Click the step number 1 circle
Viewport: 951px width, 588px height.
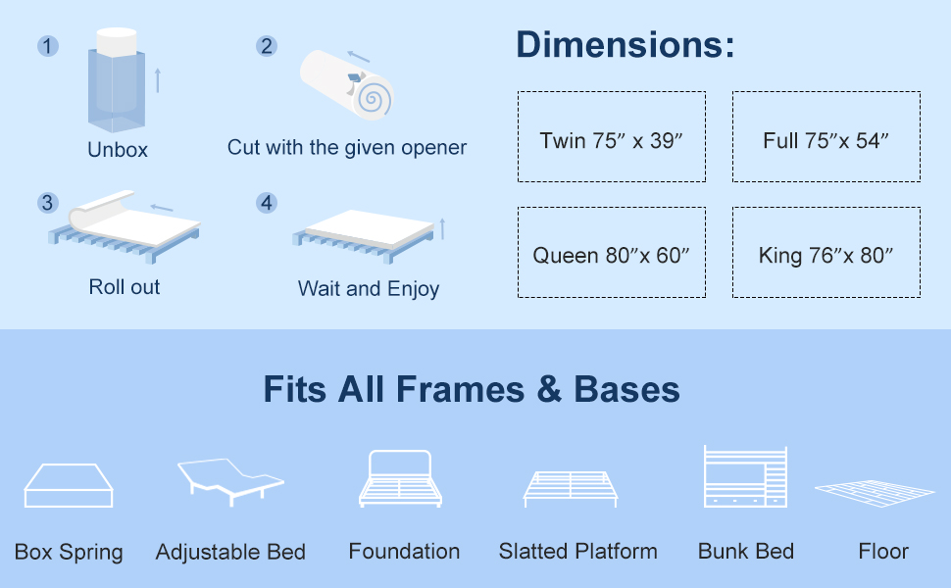(x=47, y=46)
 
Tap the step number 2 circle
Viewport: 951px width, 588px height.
(x=266, y=46)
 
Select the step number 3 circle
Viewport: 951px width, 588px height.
(x=47, y=203)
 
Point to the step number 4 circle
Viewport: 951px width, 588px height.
(x=266, y=203)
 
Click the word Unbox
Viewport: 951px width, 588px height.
(x=118, y=150)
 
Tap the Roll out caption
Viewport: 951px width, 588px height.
(x=125, y=287)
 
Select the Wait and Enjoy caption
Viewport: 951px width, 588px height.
(x=369, y=289)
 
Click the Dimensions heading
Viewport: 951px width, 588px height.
(x=625, y=45)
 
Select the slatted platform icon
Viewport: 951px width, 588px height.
(x=572, y=487)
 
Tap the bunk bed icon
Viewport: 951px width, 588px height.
(x=745, y=477)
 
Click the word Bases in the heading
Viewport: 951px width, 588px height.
(x=626, y=390)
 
